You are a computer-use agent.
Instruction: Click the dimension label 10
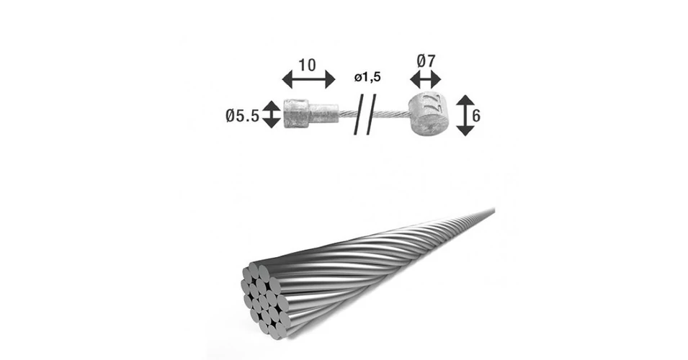coord(307,66)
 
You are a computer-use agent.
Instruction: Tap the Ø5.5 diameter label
coord(242,116)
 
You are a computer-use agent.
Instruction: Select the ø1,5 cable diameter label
coord(367,78)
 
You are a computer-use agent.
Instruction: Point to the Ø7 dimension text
coord(426,60)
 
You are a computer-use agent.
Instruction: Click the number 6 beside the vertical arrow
coord(476,115)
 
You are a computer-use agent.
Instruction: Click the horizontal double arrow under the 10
coord(308,80)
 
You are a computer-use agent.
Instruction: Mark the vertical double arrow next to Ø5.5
coord(272,114)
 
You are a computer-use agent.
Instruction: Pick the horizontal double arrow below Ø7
coord(425,80)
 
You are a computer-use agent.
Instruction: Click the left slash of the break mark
coord(359,114)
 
